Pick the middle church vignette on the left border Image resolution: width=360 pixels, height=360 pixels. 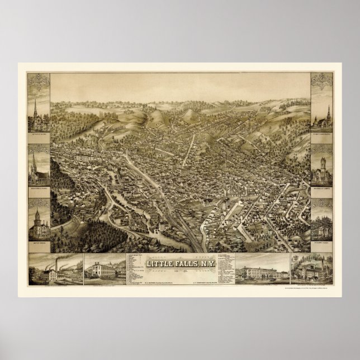tap(39, 168)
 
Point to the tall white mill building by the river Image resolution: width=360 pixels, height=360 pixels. tap(162, 226)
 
